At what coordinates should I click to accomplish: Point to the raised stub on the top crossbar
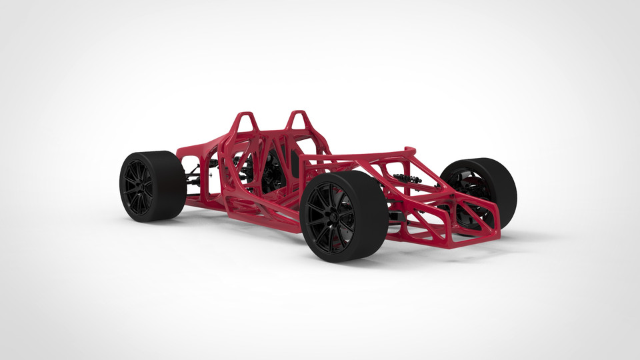[409, 151]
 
